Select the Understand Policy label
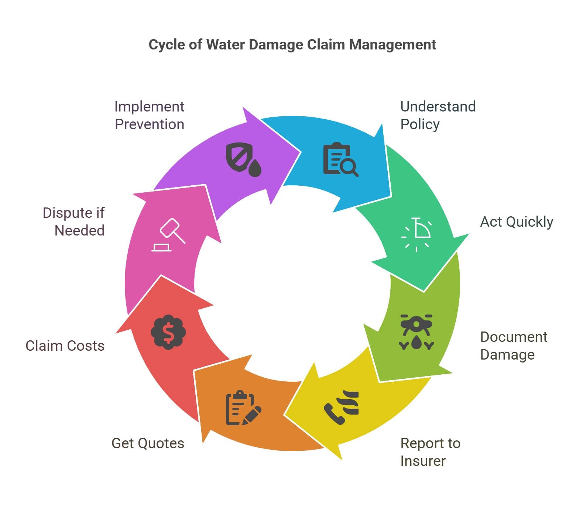click(438, 115)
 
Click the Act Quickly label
click(517, 222)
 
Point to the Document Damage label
click(514, 346)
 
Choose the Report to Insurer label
click(430, 452)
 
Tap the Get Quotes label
click(148, 443)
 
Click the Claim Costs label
click(65, 346)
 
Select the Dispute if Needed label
click(74, 221)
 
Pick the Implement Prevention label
click(149, 115)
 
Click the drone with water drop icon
click(416, 332)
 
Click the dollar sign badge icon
click(168, 332)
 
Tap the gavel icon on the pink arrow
click(168, 235)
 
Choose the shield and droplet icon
click(243, 159)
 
